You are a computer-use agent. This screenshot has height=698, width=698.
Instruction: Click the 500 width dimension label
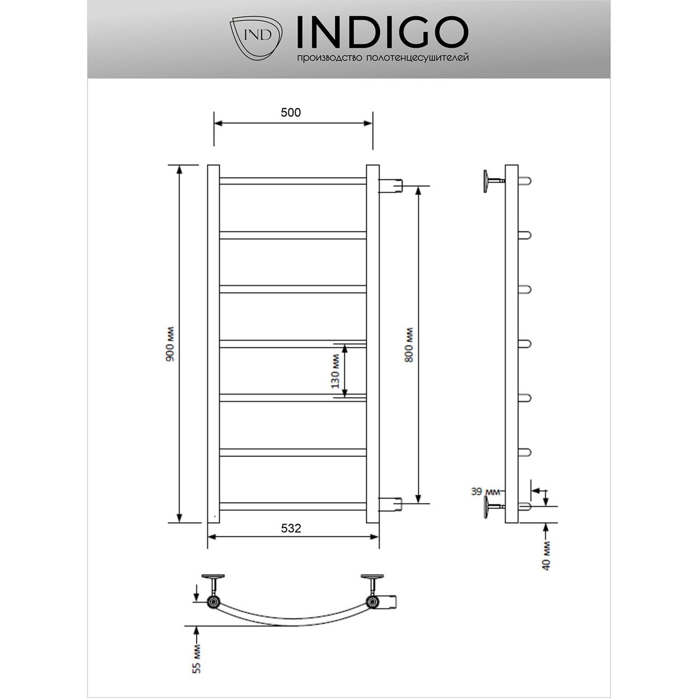(290, 113)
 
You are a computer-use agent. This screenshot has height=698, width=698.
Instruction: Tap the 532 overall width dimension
(291, 528)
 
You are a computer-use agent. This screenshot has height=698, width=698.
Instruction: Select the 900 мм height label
(170, 344)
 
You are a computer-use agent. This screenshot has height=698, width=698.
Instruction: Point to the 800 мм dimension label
(409, 345)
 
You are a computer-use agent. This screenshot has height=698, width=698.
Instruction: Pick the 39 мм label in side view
(485, 491)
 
